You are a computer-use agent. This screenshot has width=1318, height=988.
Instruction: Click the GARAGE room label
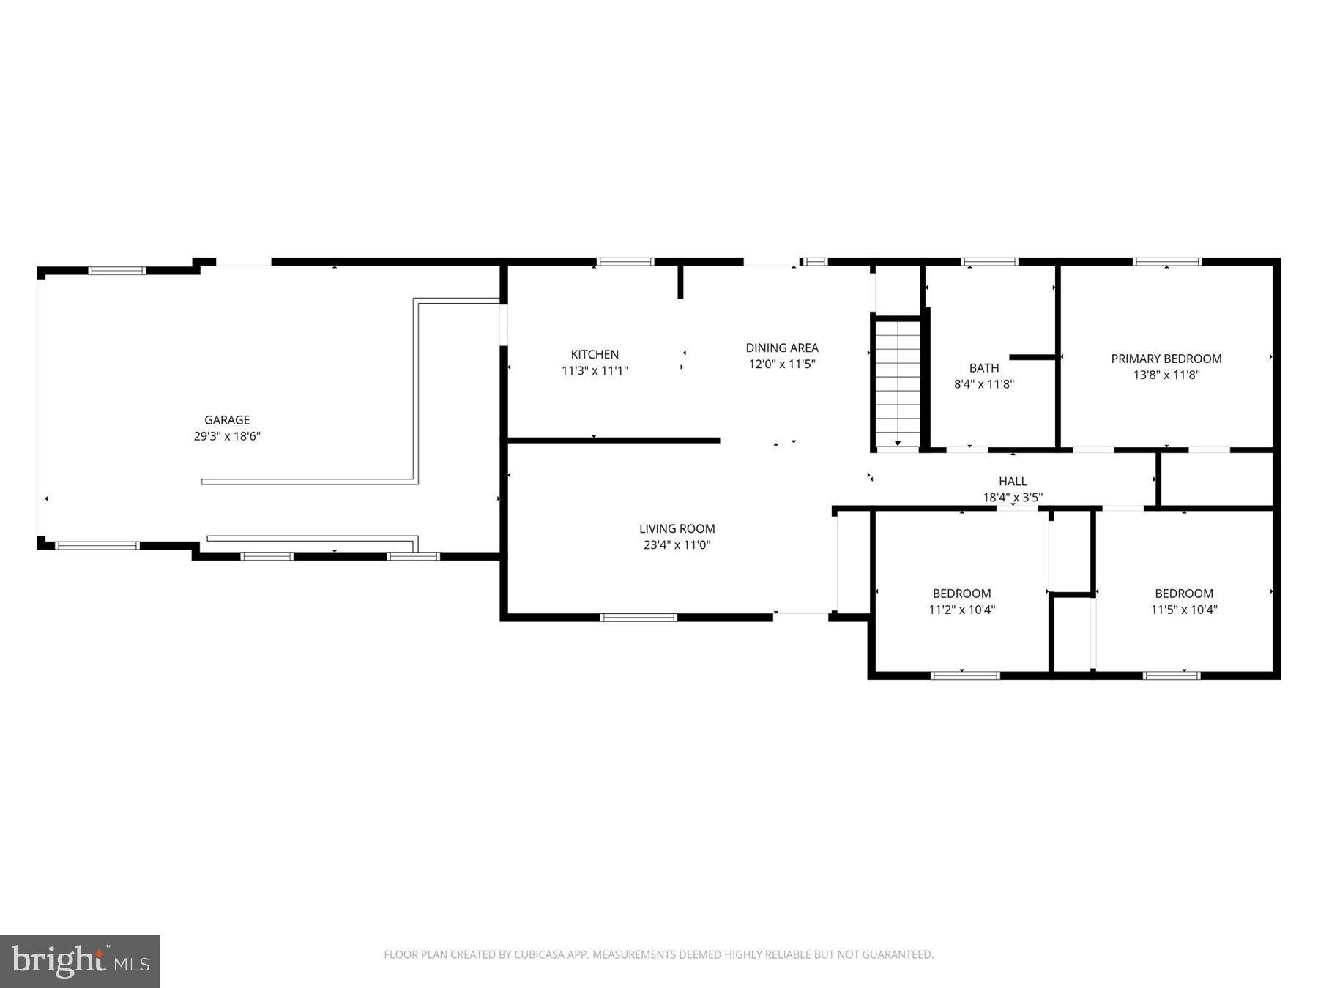point(226,420)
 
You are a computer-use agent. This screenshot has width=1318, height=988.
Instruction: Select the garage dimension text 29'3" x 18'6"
point(226,436)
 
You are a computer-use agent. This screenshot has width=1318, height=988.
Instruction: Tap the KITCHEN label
point(595,354)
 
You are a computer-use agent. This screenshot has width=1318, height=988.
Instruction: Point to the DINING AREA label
point(781,348)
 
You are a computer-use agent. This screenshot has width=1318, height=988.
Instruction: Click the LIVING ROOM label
point(677,528)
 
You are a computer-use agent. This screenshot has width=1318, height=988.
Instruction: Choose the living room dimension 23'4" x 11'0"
point(677,544)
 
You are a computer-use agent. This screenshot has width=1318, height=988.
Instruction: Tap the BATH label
point(983,368)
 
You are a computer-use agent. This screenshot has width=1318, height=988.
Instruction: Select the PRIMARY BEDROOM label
point(1166,359)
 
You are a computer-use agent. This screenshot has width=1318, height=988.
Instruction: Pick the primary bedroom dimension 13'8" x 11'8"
point(1166,375)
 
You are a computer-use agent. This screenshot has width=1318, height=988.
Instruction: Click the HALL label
point(1012,481)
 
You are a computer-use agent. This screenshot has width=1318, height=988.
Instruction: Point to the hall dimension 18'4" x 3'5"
point(1012,497)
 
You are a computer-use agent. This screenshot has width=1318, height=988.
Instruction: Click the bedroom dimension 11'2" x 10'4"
point(961,610)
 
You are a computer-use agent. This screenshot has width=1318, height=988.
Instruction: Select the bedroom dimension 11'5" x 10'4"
point(1183,610)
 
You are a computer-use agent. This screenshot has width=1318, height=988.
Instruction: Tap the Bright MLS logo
point(80,961)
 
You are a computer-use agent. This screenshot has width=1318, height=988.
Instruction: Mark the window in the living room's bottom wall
point(638,618)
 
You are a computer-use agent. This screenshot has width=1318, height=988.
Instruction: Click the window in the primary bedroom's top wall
point(1166,261)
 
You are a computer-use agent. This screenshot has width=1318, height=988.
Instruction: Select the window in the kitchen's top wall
point(625,261)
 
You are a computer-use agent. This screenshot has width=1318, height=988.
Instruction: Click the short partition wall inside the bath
point(1032,357)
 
